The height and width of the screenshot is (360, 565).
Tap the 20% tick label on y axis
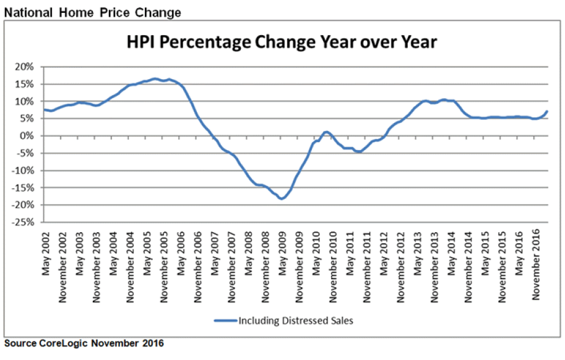click(x=24, y=67)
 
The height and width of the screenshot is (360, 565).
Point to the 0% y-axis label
click(x=27, y=136)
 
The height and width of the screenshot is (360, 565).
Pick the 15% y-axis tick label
click(x=24, y=84)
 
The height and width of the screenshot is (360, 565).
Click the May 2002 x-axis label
click(x=46, y=254)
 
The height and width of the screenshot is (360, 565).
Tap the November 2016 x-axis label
click(x=536, y=264)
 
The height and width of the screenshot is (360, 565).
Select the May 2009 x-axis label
click(x=282, y=254)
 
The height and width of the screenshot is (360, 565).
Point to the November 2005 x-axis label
click(x=164, y=267)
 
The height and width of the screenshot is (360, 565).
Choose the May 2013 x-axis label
click(x=417, y=254)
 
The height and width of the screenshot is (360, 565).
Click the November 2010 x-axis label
click(x=333, y=267)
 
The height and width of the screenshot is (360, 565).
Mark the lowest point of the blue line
click(x=282, y=198)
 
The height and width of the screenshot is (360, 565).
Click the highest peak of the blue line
click(x=155, y=78)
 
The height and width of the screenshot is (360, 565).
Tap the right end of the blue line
click(x=547, y=111)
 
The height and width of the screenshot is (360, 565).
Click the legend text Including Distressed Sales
click(x=296, y=320)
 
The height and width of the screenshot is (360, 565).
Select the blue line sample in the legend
click(x=226, y=320)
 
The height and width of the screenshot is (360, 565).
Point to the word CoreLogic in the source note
click(x=63, y=343)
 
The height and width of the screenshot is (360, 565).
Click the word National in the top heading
click(x=28, y=12)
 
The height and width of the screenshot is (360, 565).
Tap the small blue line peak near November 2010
click(x=326, y=132)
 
